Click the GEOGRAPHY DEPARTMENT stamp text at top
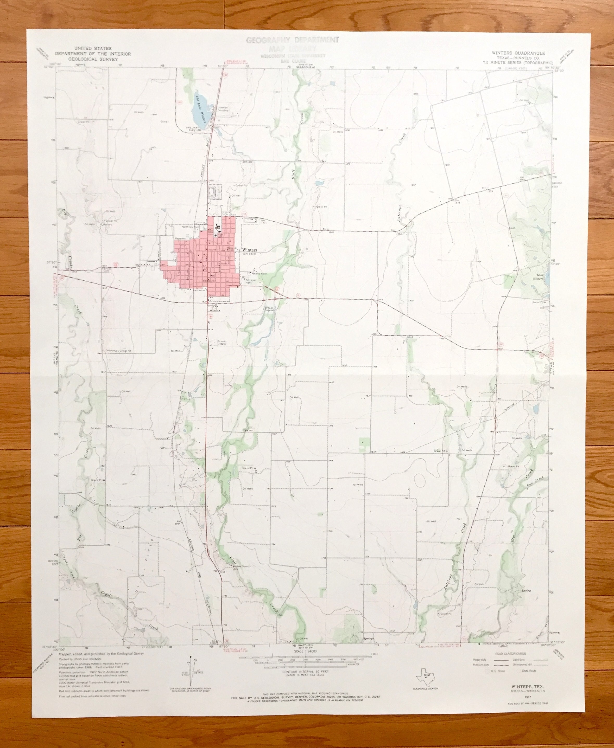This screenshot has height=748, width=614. click(x=292, y=40)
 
